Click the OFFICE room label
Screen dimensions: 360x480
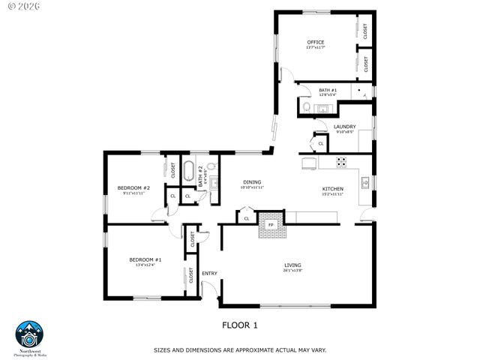pos(315,41)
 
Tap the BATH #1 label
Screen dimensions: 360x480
pos(328,90)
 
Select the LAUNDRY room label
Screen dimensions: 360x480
pos(344,127)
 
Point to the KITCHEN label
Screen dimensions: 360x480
pos(333,188)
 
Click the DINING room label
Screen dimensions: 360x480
pos(252,182)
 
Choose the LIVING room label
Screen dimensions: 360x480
pos(292,265)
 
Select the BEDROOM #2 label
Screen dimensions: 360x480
pos(134,187)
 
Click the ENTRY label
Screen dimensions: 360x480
pos(209,273)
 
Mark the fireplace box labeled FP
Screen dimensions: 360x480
pos(271,223)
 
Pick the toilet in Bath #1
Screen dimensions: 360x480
pos(307,109)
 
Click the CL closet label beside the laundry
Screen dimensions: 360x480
pos(320,142)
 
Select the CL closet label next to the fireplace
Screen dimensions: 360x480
pos(246,218)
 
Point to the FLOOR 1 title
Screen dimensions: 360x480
pos(239,325)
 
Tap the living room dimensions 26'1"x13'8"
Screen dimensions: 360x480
pos(292,271)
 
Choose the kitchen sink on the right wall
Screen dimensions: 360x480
pos(366,182)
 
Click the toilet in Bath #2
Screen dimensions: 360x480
pos(211,166)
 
